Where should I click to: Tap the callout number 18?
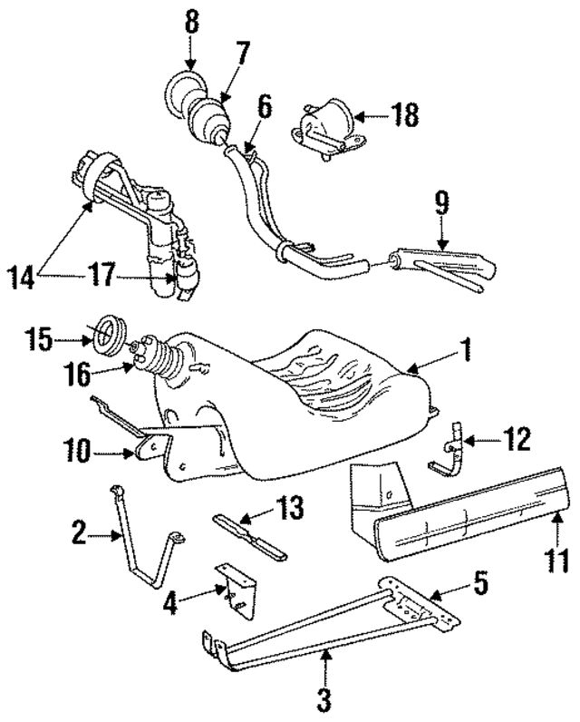[x=406, y=114]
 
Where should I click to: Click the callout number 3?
[x=324, y=698]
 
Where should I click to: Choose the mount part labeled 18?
[x=322, y=127]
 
